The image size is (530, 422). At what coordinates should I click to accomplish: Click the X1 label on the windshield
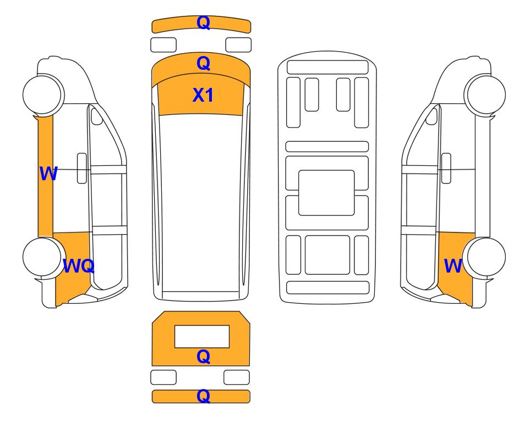click(x=203, y=95)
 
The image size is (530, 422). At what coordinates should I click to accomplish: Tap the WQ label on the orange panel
click(x=79, y=266)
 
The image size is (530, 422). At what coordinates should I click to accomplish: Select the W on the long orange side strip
click(x=48, y=174)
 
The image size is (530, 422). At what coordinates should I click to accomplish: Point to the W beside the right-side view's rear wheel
click(x=452, y=266)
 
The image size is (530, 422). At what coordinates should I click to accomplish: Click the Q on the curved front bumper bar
click(x=204, y=23)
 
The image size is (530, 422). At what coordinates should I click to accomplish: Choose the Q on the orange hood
click(x=204, y=63)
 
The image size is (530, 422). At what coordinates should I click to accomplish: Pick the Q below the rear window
click(x=204, y=357)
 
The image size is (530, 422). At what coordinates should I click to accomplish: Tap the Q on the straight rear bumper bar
click(x=204, y=396)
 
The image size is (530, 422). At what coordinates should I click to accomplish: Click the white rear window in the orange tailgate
click(x=202, y=337)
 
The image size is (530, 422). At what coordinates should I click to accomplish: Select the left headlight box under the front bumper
click(x=163, y=45)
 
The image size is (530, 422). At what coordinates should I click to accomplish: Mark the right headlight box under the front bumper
click(x=238, y=45)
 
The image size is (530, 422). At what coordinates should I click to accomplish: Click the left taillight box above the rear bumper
click(x=163, y=377)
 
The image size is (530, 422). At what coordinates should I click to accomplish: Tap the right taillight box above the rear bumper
click(x=237, y=377)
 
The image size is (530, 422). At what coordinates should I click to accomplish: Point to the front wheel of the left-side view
click(x=43, y=94)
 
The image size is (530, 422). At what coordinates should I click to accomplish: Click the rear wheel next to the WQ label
click(x=42, y=257)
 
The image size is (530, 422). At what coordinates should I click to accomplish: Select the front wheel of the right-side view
click(x=485, y=94)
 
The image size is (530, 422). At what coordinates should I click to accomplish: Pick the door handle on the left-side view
click(x=82, y=168)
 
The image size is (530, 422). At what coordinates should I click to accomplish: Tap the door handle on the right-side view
click(x=446, y=168)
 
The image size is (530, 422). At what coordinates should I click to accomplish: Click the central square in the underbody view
click(x=326, y=193)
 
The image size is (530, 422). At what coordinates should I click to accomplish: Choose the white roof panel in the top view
click(x=201, y=203)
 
